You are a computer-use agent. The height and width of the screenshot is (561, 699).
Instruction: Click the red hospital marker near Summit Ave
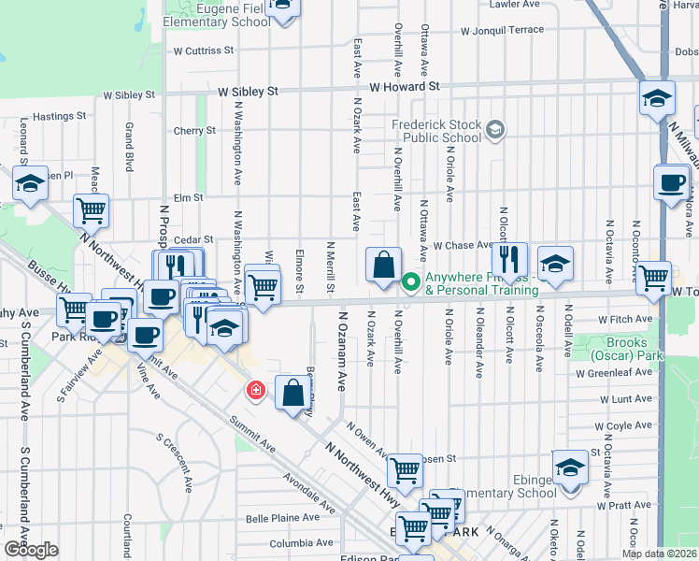click(253, 389)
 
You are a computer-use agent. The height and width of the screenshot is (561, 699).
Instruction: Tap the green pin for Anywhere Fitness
click(410, 281)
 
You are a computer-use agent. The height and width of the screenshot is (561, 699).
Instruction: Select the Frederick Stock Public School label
click(437, 131)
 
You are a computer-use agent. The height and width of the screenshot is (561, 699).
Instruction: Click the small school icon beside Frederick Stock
click(495, 129)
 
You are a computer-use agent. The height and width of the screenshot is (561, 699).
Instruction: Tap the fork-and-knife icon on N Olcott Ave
click(509, 259)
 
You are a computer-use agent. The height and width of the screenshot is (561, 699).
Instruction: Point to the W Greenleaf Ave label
click(613, 373)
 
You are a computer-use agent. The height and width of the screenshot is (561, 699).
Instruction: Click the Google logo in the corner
click(30, 550)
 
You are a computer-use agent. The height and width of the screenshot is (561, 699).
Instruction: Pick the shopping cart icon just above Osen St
click(404, 472)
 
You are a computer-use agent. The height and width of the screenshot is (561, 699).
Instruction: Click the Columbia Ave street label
click(301, 542)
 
